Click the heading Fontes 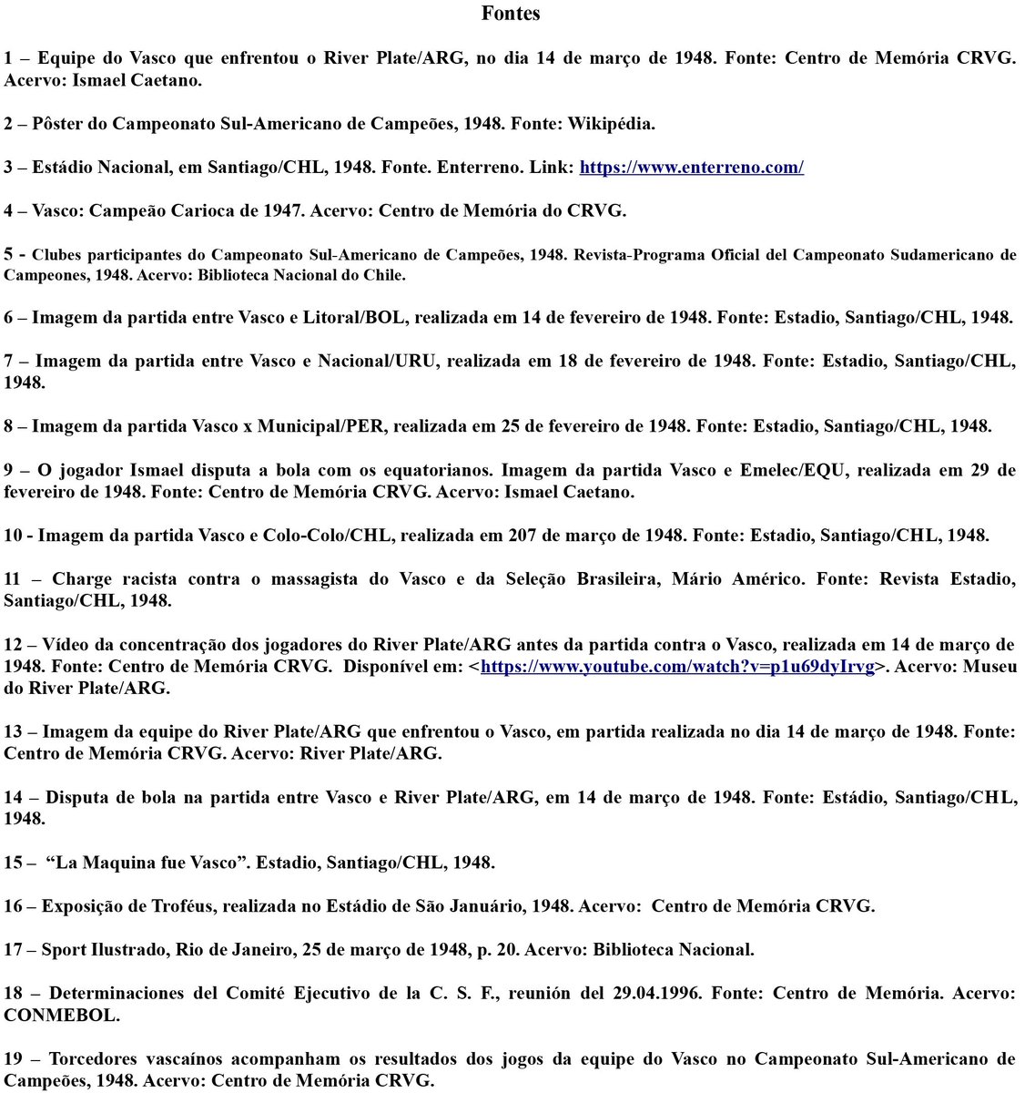coord(511,13)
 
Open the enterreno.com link coord(691,168)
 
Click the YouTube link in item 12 coord(677,667)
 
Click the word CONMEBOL coord(61,1016)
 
